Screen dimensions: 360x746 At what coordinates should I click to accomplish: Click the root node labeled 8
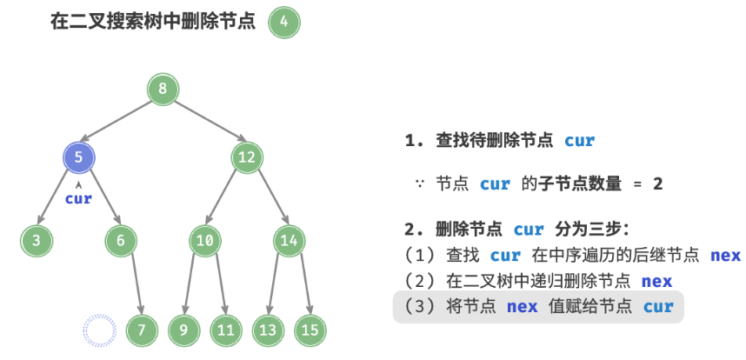pyautogui.click(x=163, y=89)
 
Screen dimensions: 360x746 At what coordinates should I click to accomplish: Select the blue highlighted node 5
pyautogui.click(x=78, y=157)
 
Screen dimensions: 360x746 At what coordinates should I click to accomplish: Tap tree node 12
pyautogui.click(x=247, y=157)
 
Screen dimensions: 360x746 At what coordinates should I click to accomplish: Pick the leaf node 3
pyautogui.click(x=37, y=241)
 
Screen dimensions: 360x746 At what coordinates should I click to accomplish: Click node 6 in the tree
pyautogui.click(x=121, y=241)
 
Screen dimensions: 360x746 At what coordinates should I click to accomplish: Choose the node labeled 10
pyautogui.click(x=205, y=241)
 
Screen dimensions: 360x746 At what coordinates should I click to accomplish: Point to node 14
pyautogui.click(x=290, y=241)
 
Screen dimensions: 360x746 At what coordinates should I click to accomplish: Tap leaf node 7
pyautogui.click(x=142, y=330)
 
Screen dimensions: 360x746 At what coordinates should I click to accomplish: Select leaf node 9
pyautogui.click(x=184, y=330)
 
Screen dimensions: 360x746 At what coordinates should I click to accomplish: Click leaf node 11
pyautogui.click(x=226, y=330)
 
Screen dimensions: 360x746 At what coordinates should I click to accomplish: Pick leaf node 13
pyautogui.click(x=269, y=330)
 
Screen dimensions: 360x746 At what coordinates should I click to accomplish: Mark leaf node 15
pyautogui.click(x=310, y=330)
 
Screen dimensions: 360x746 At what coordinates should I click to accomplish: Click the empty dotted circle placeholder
pyautogui.click(x=99, y=330)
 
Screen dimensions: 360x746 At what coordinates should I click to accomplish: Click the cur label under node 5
pyautogui.click(x=78, y=198)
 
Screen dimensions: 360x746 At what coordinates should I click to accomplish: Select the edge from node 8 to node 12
pyautogui.click(x=205, y=123)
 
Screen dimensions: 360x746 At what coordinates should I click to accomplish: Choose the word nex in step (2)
pyautogui.click(x=656, y=281)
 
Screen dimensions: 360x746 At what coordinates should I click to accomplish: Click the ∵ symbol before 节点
pyautogui.click(x=419, y=184)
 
